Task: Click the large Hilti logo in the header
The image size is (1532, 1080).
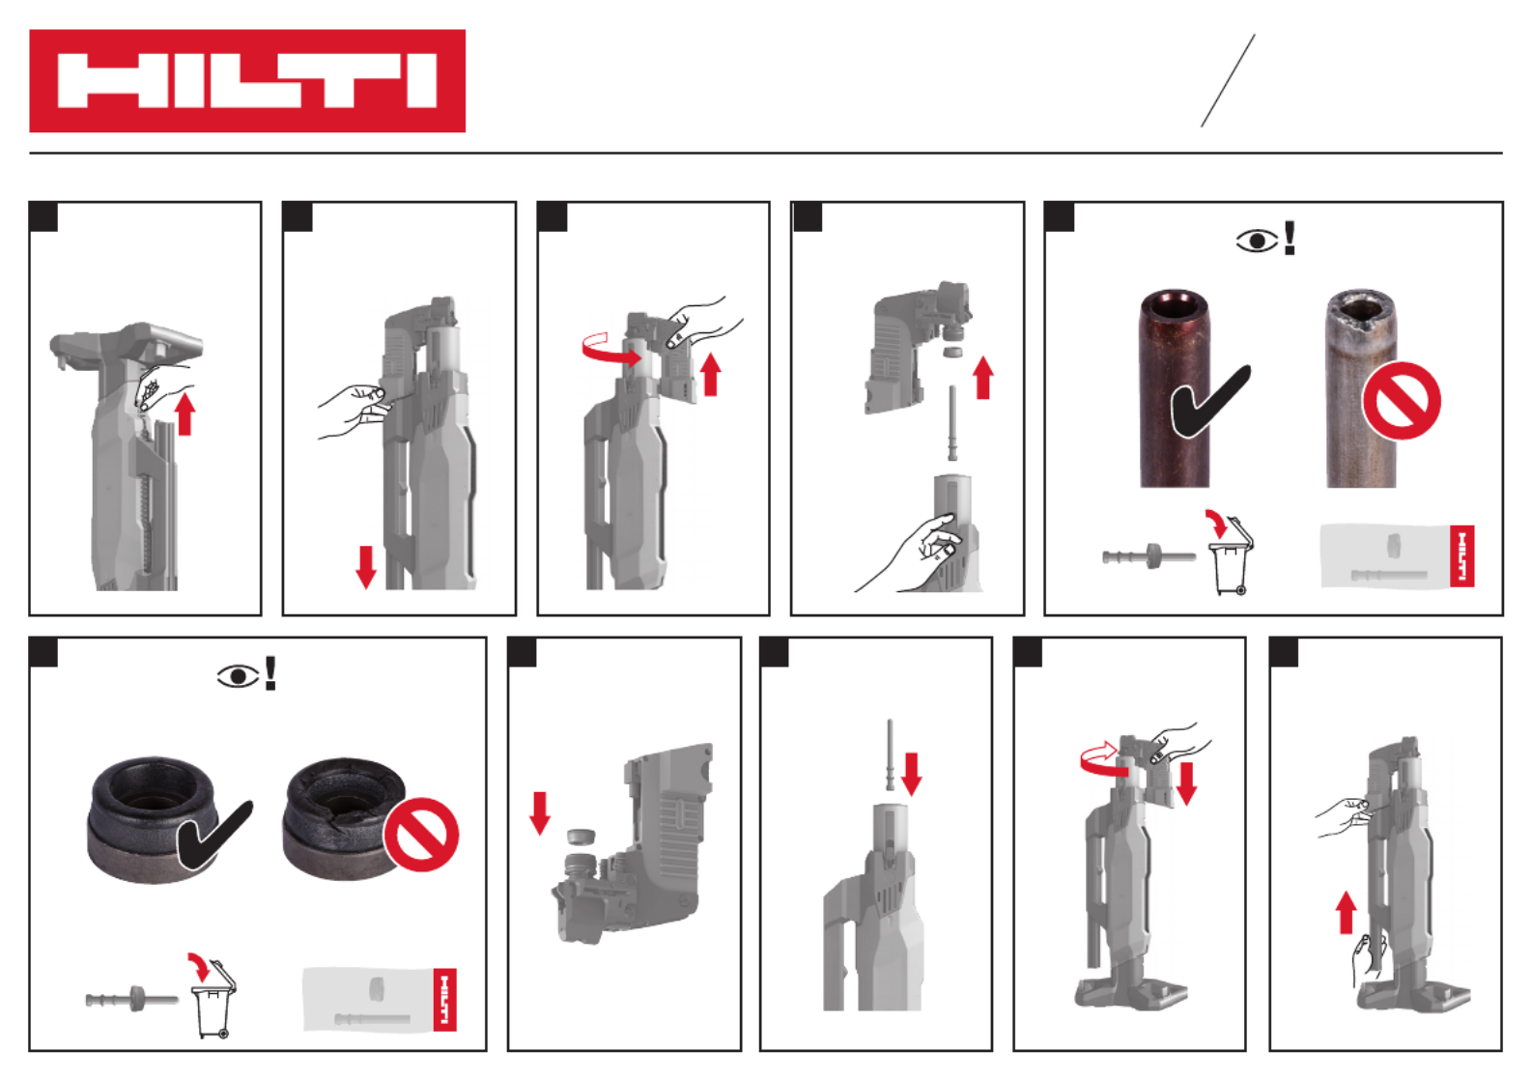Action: (x=247, y=81)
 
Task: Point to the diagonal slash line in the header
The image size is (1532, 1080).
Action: (x=1228, y=81)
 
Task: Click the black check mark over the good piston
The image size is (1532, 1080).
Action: (x=1210, y=402)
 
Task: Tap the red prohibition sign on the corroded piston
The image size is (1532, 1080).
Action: (x=1402, y=401)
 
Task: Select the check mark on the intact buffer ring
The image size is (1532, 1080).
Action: (x=214, y=835)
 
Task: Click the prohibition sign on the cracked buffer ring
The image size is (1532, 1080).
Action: (x=421, y=835)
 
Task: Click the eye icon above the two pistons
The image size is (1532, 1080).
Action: (x=1257, y=241)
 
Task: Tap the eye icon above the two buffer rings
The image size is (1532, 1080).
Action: (x=238, y=676)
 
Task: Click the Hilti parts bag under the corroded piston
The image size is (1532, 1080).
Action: (x=1397, y=556)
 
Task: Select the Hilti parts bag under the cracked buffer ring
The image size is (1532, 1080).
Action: (x=380, y=999)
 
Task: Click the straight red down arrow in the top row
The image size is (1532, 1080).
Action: (x=366, y=567)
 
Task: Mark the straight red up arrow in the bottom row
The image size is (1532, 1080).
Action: (x=1346, y=913)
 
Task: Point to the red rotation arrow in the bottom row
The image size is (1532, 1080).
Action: (x=1102, y=758)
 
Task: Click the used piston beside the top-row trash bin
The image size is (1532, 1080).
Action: (x=1149, y=555)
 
